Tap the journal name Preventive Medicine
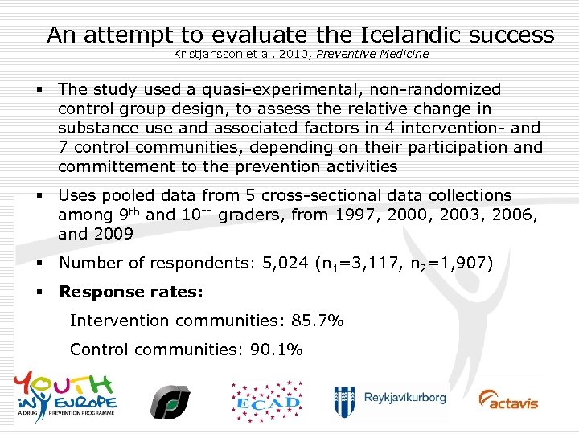[376, 54]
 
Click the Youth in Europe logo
[65, 394]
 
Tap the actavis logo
[508, 399]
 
